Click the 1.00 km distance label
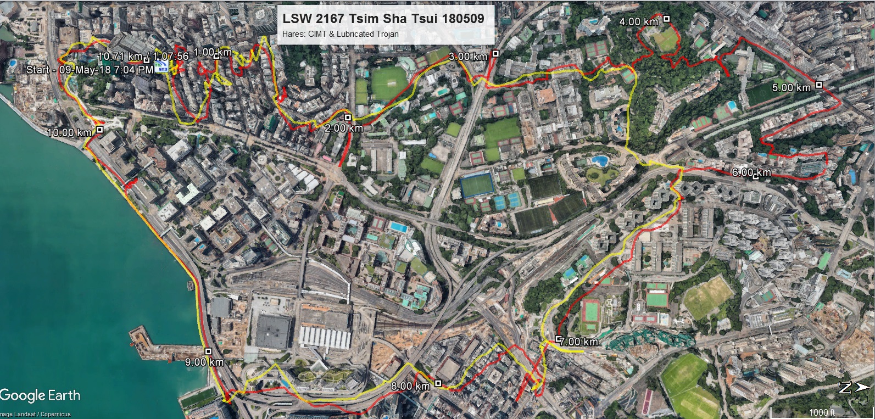coord(213,52)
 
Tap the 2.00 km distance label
coord(343,128)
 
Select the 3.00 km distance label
coord(468,57)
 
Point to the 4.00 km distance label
coord(638,22)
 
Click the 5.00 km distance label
coord(791,88)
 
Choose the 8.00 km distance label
coord(410,386)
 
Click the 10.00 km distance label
coord(69,132)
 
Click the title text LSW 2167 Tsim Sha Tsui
coord(383,19)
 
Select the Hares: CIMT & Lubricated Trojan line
coord(340,34)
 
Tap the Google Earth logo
coord(40,395)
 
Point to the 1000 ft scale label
coord(822,412)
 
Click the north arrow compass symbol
coord(853,388)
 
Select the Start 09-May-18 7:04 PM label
coord(90,70)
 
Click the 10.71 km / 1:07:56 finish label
coord(143,56)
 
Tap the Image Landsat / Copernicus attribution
coord(35,415)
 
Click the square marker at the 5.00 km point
coord(819,85)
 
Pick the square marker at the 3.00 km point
coord(495,53)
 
